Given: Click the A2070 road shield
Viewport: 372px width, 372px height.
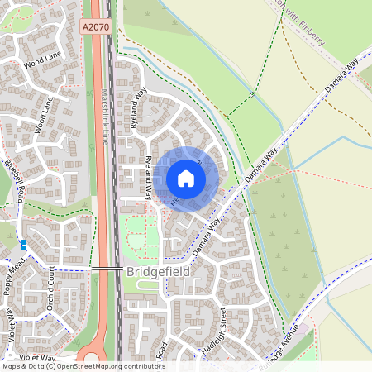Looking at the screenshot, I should click(95, 27).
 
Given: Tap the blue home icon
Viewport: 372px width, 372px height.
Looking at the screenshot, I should click(186, 178).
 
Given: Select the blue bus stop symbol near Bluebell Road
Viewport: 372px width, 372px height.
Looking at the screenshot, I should click(23, 245).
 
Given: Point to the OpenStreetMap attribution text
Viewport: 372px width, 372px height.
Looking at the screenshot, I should click(83, 366).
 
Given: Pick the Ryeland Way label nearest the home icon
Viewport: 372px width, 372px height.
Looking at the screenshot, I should click(148, 178).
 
